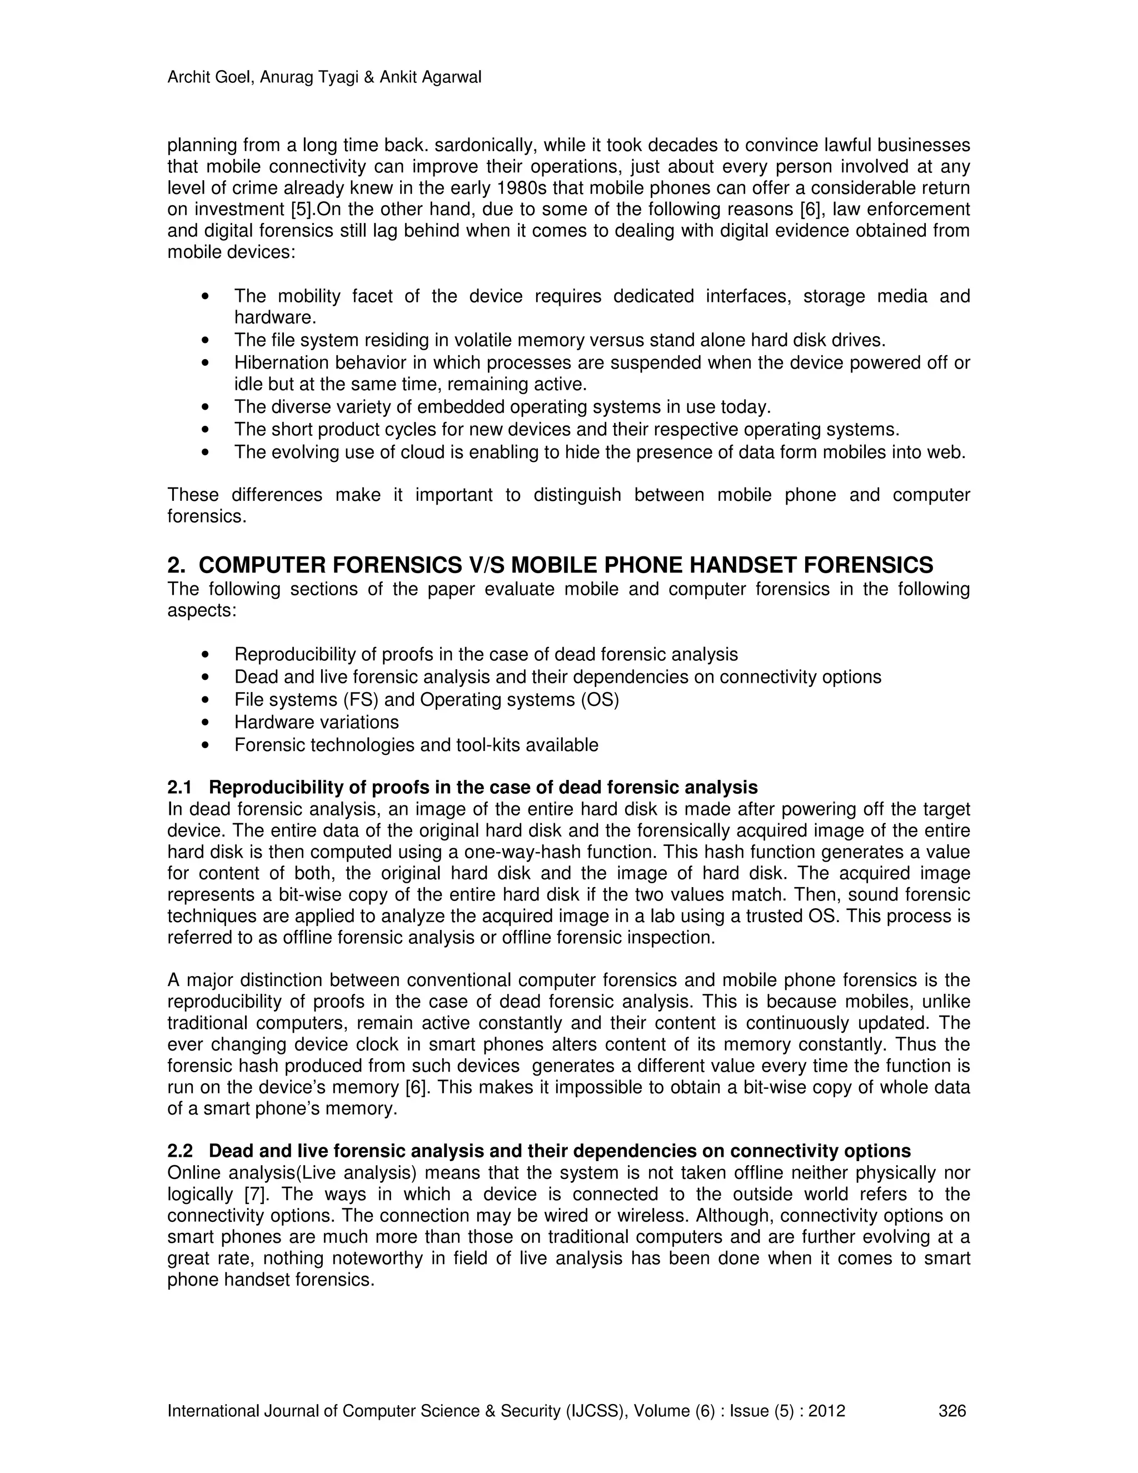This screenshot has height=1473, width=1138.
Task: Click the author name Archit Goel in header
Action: pyautogui.click(x=209, y=78)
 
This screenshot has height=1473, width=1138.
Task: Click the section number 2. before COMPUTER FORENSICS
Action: pyautogui.click(x=176, y=565)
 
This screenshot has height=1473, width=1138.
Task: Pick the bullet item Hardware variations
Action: pyautogui.click(x=316, y=723)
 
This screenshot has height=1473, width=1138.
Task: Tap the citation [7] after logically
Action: pyautogui.click(x=256, y=1195)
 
